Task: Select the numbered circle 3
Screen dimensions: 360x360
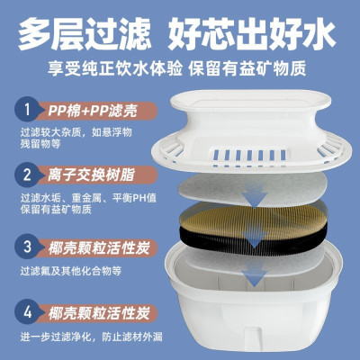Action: [x=27, y=246]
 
